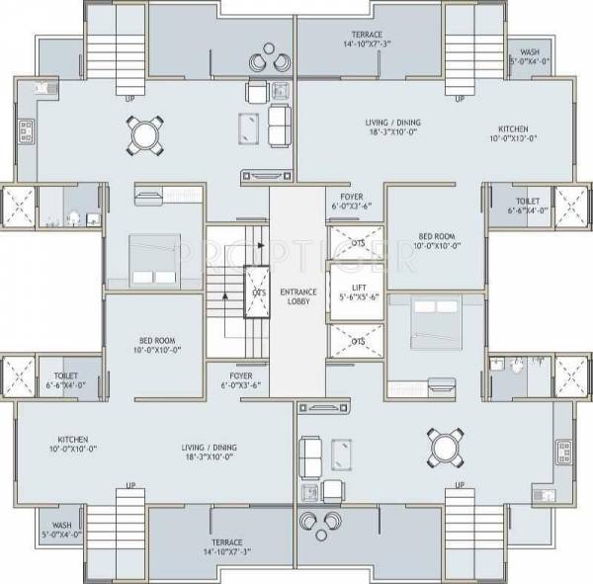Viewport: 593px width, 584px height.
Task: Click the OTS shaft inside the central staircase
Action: (x=258, y=292)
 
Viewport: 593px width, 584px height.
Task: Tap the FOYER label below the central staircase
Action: (x=242, y=380)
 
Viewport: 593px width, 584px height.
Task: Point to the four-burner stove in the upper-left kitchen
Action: (x=27, y=127)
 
